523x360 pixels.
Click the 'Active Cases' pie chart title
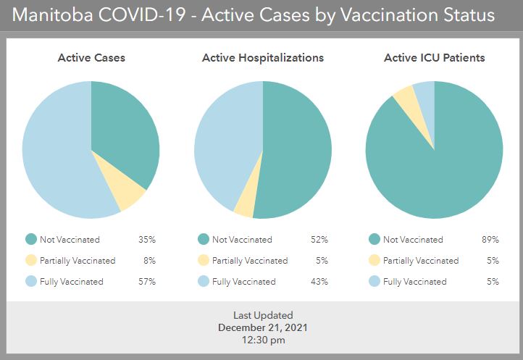pos(91,58)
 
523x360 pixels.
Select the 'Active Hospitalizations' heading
pos(263,58)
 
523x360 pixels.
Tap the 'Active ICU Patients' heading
pos(434,58)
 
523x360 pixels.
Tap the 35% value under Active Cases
pos(147,239)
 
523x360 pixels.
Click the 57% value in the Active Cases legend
pos(147,281)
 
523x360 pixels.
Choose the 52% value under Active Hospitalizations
pos(319,239)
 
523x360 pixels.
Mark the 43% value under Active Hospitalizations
pos(319,281)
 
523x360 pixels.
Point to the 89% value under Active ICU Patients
pos(491,239)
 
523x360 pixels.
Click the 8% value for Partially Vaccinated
pos(149,260)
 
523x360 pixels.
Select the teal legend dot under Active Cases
pos(31,239)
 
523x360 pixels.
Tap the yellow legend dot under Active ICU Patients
pos(374,260)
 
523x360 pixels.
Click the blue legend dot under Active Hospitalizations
pos(203,281)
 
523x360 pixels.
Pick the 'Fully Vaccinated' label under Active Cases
pos(72,281)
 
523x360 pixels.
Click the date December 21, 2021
pos(263,327)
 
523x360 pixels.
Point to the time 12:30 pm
pos(263,339)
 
